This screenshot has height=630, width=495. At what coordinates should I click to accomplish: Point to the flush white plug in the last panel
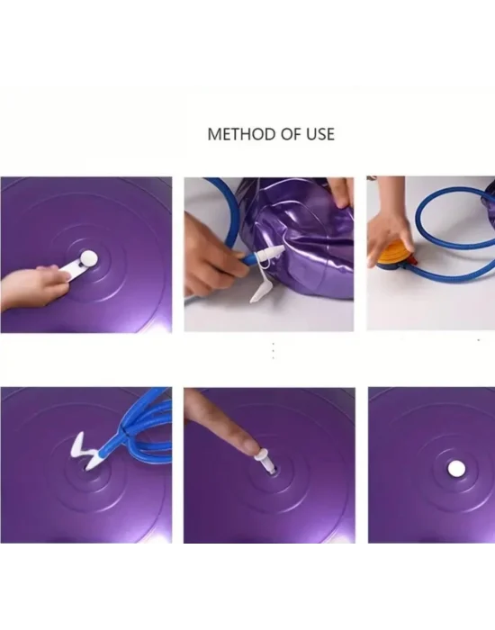click(x=455, y=469)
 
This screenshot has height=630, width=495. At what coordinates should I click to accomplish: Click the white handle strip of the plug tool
click(x=67, y=269)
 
